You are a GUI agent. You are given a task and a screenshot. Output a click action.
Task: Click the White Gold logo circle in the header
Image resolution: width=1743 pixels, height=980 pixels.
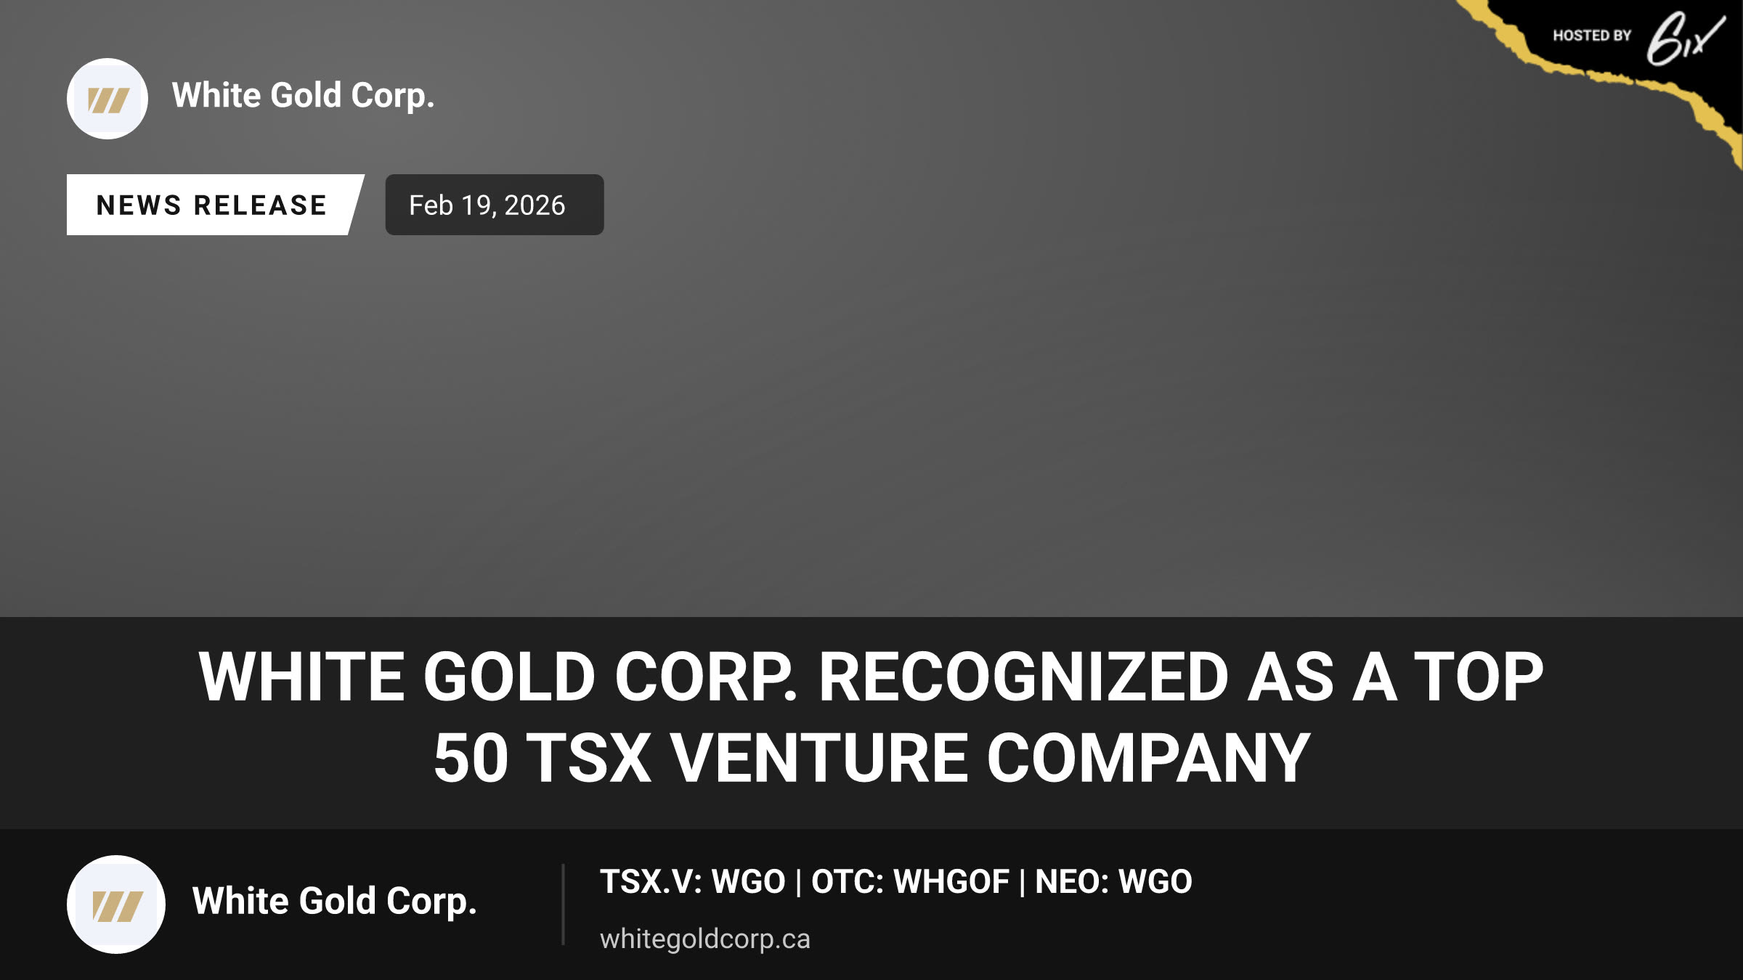(x=107, y=99)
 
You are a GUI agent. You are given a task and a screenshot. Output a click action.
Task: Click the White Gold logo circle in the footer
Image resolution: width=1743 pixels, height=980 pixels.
(x=116, y=905)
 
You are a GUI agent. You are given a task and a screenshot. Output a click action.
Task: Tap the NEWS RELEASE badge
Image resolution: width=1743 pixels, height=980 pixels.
(x=212, y=205)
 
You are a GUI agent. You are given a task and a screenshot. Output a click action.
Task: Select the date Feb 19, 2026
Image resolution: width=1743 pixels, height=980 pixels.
(x=487, y=205)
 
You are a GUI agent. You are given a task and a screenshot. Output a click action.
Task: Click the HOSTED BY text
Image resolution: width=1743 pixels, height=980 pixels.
(x=1592, y=36)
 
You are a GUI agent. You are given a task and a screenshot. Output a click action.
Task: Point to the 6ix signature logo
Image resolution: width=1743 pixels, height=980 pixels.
(x=1685, y=39)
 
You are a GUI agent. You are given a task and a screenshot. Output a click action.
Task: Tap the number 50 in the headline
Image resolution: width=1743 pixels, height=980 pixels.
(x=471, y=758)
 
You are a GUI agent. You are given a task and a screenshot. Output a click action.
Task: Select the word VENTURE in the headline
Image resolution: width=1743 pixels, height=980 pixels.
(x=819, y=758)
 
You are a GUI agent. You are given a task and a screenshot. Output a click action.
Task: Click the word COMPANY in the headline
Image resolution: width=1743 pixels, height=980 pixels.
(x=1148, y=758)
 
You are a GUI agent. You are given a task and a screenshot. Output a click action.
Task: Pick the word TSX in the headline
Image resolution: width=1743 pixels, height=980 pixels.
(x=589, y=758)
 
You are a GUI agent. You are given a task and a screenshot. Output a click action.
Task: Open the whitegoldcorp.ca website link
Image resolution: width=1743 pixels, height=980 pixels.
(x=704, y=939)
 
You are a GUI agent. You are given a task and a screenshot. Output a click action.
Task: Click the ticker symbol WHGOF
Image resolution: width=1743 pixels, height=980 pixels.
(x=951, y=882)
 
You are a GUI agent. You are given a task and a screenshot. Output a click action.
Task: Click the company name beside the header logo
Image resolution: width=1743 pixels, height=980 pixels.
(x=304, y=96)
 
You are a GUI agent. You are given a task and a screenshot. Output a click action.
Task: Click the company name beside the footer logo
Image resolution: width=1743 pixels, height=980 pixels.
(x=335, y=902)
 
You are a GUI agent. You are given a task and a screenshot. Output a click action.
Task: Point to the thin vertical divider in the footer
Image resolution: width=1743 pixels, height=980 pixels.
(x=563, y=905)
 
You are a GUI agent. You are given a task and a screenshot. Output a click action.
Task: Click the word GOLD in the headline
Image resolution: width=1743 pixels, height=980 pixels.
(x=510, y=677)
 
